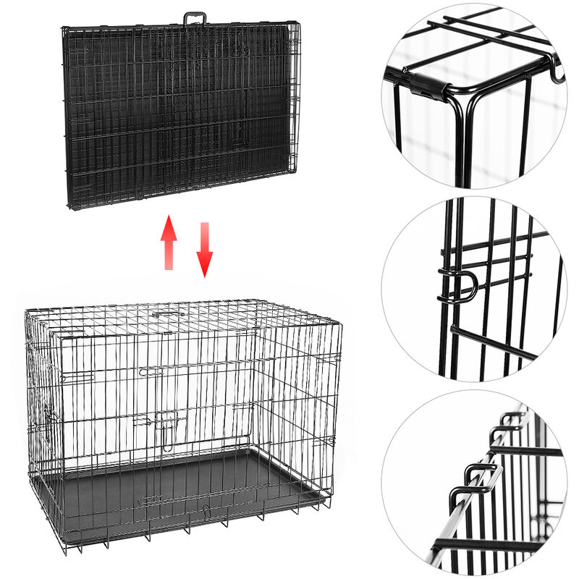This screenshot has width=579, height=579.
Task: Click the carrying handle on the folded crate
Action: coord(194,18)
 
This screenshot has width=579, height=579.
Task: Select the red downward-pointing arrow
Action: coord(205,250)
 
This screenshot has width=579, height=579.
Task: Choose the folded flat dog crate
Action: coord(181,116)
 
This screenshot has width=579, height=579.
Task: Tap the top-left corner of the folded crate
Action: coord(64,30)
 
